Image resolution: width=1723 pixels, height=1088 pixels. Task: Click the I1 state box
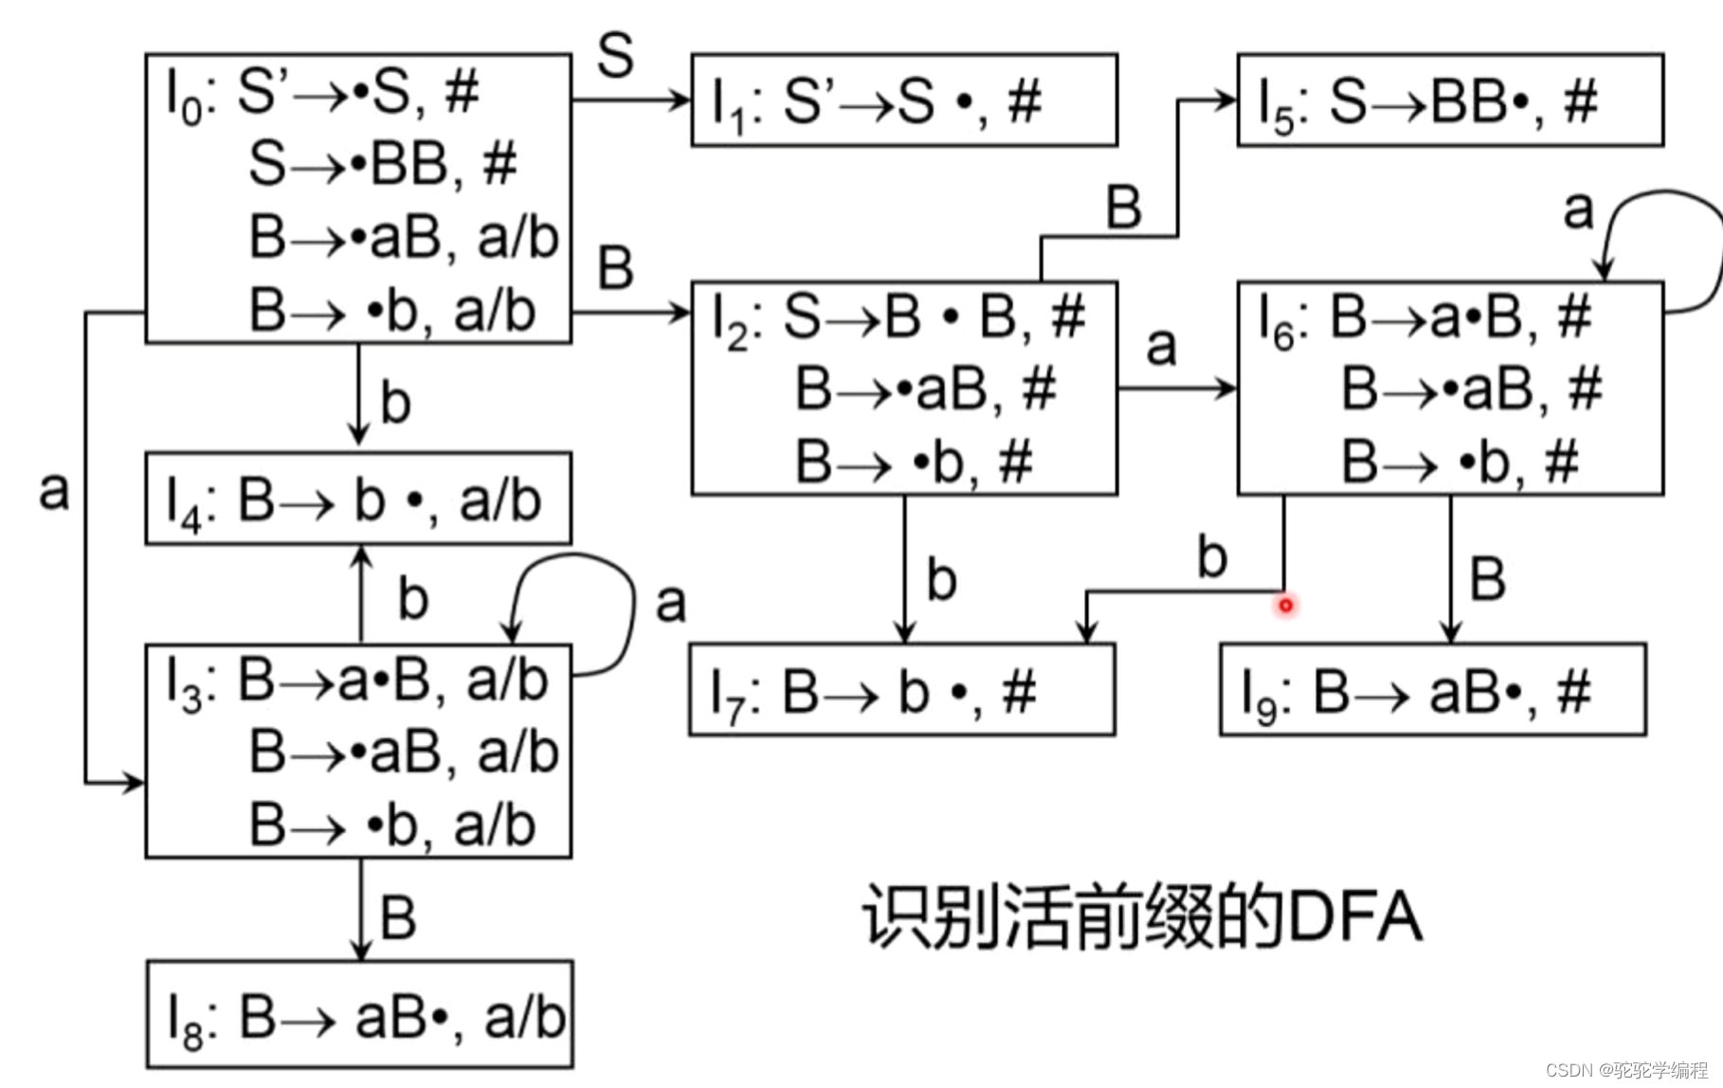(904, 100)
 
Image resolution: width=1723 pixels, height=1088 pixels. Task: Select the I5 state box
(1449, 100)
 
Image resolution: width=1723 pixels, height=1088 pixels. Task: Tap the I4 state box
(358, 499)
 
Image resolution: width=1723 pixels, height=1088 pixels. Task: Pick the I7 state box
(902, 690)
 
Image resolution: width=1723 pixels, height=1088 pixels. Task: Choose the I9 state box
(1432, 690)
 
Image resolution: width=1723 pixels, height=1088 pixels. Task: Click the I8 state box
(360, 1015)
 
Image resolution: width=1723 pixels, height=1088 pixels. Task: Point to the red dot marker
(1285, 605)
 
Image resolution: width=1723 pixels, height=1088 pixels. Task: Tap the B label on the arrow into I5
(1124, 207)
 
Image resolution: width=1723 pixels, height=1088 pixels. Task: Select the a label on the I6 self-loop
(1578, 209)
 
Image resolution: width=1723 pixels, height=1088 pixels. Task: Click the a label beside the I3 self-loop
(670, 603)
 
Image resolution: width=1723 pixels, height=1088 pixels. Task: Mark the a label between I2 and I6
(1161, 346)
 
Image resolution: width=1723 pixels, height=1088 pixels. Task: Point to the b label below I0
(395, 403)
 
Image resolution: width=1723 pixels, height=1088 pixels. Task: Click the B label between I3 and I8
(398, 917)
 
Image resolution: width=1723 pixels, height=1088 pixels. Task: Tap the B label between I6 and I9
(1487, 578)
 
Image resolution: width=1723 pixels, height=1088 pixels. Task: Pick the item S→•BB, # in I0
(382, 164)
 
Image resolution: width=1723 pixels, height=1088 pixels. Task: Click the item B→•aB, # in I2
(925, 389)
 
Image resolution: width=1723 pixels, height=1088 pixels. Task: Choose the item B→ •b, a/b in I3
(391, 824)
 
